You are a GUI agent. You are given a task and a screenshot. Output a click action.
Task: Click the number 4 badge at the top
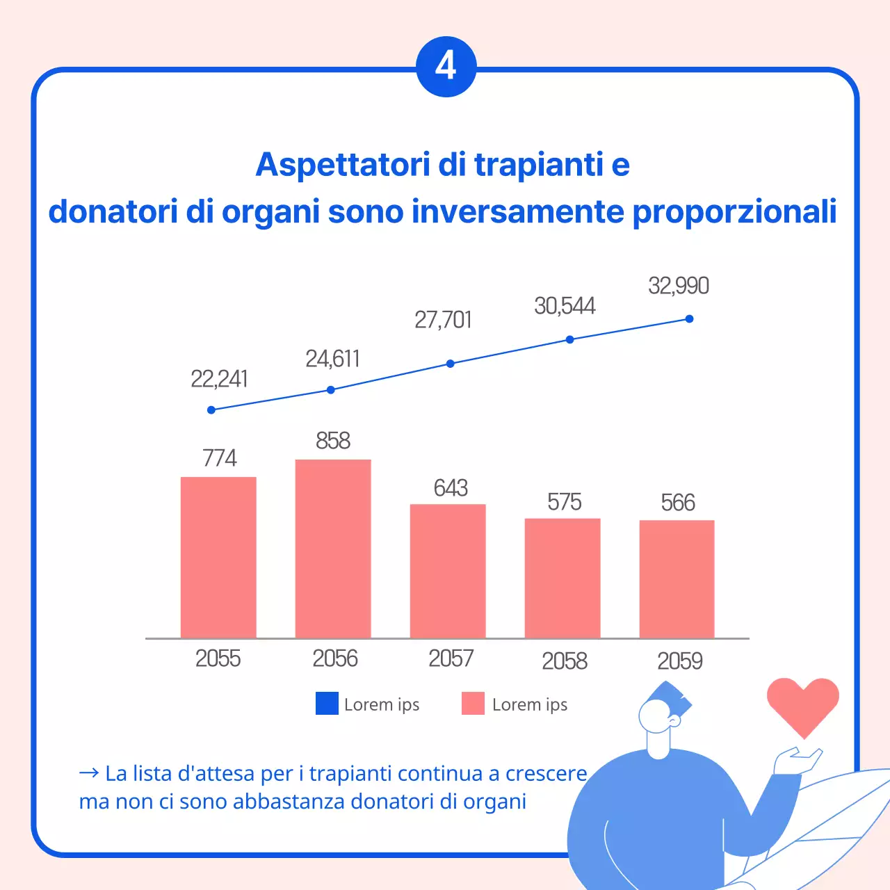coord(446,67)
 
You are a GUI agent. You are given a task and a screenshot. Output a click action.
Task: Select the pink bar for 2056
coord(333,549)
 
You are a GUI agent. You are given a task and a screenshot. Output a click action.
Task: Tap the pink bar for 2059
coord(677,578)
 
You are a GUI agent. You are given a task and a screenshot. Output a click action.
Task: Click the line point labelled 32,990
coord(689,319)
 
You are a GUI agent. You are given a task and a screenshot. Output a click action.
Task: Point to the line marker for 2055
coord(211,410)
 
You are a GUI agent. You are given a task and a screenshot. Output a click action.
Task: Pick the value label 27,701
coord(443,320)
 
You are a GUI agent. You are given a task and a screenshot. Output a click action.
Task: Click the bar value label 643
coord(451,488)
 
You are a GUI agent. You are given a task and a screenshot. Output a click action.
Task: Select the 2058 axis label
coord(565,661)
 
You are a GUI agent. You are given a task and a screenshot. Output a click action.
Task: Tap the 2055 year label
coord(218,658)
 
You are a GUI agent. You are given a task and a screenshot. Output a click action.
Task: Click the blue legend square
coord(327,704)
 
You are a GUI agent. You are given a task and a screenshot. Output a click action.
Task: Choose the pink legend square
coord(473,704)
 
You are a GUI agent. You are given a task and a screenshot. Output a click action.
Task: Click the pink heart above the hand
coord(803,704)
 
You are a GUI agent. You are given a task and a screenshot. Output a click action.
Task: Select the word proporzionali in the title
coord(734,211)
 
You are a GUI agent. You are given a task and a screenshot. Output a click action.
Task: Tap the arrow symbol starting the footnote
coord(89,773)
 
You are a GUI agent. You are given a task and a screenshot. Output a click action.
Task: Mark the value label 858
coord(333,441)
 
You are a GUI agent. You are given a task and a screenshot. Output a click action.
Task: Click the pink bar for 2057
coord(448,571)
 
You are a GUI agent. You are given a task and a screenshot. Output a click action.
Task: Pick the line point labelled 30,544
coord(569,339)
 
